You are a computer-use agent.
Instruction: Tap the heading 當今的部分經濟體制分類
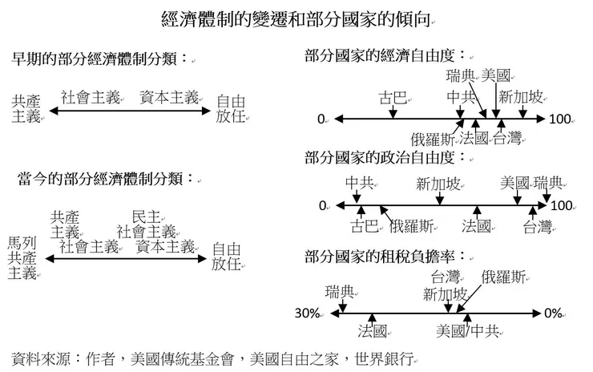coord(99,178)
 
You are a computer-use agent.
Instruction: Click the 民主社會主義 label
coord(147,224)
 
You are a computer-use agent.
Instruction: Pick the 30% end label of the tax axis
coord(308,313)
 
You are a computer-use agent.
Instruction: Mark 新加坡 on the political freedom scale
coord(438,184)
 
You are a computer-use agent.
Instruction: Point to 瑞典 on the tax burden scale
coord(340,289)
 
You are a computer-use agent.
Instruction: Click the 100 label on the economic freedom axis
coord(560,120)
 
